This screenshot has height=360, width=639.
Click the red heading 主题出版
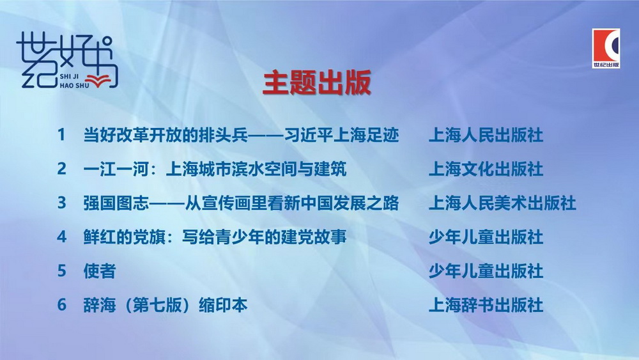[x=317, y=82]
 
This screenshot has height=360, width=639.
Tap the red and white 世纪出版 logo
[x=606, y=48]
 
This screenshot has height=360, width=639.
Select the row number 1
[x=61, y=135]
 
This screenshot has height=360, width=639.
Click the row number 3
[x=61, y=203]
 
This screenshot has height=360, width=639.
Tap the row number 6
[x=61, y=304]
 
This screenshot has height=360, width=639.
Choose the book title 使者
[x=100, y=270]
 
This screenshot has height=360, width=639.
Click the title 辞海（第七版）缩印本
[x=165, y=305]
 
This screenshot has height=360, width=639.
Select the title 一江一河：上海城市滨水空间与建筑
[x=215, y=169]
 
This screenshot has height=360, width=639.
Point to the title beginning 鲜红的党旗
[x=215, y=237]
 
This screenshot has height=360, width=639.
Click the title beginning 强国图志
[x=241, y=203]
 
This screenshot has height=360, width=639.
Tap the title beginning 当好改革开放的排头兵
[x=241, y=135]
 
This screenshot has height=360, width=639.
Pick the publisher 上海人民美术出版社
[x=502, y=203]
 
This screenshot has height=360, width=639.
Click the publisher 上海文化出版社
[x=486, y=169]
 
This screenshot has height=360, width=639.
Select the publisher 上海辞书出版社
[x=486, y=305]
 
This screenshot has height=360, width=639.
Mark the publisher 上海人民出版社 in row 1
[x=486, y=135]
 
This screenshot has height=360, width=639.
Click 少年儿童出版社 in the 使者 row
[x=486, y=270]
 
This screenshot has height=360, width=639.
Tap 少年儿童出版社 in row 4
[x=486, y=237]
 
